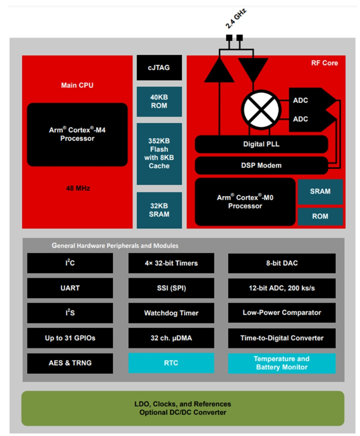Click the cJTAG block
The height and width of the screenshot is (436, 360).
[159, 68]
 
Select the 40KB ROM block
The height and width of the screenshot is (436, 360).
[159, 101]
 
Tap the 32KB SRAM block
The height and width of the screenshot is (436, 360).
[159, 210]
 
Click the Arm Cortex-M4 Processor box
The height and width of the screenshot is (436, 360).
[77, 135]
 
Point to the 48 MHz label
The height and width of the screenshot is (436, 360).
[78, 188]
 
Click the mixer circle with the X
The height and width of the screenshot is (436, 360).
[261, 110]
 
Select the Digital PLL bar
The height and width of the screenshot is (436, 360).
[261, 144]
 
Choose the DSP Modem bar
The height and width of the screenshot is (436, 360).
[261, 165]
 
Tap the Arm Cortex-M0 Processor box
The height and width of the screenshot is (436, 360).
[245, 202]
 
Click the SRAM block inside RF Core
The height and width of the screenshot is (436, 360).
[320, 191]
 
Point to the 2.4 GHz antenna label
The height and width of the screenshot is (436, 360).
[236, 19]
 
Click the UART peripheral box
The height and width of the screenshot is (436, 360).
[70, 288]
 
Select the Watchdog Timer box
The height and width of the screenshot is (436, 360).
[171, 313]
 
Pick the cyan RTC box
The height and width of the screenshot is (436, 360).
[171, 363]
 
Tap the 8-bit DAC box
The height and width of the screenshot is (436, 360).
[282, 263]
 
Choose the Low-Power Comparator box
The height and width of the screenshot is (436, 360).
[282, 313]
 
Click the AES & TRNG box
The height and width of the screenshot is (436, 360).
[70, 363]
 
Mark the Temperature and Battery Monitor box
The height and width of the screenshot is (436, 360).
[282, 363]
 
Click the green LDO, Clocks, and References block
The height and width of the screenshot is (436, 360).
[183, 408]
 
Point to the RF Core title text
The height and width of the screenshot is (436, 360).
[324, 63]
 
